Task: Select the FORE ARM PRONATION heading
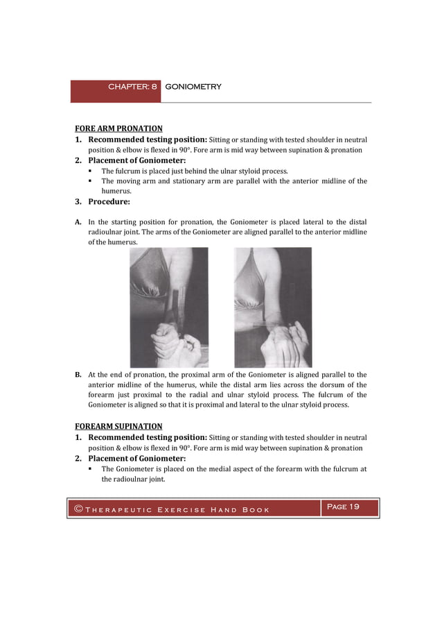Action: coord(118,128)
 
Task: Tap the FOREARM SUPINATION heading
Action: coord(118,426)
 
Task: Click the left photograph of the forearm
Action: coord(169,307)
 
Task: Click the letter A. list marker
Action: coord(78,222)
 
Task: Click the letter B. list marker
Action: coord(78,375)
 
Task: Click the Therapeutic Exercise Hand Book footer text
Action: coord(177,510)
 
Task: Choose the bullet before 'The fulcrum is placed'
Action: coord(91,171)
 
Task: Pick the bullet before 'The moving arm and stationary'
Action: coord(91,181)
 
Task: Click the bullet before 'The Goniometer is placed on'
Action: coord(91,469)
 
